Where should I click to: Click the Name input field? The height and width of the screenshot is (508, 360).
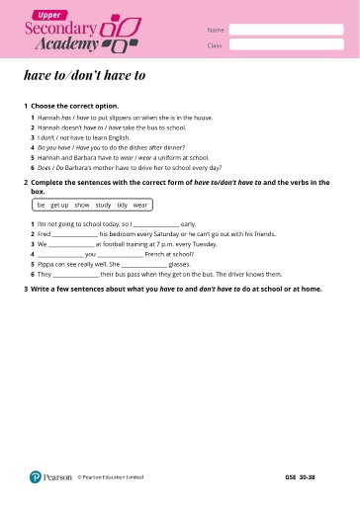tap(286, 30)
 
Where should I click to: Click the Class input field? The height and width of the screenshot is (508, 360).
tap(286, 44)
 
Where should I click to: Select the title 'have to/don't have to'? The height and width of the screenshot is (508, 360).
tap(84, 74)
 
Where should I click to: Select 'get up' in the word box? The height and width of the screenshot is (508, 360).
tap(59, 205)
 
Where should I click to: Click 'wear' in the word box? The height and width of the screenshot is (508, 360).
tap(139, 205)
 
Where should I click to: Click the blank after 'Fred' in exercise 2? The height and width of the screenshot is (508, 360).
tap(73, 233)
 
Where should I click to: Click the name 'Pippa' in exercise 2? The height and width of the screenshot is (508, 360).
tap(46, 264)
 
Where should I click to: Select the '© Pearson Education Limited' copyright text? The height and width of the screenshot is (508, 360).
tap(110, 476)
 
